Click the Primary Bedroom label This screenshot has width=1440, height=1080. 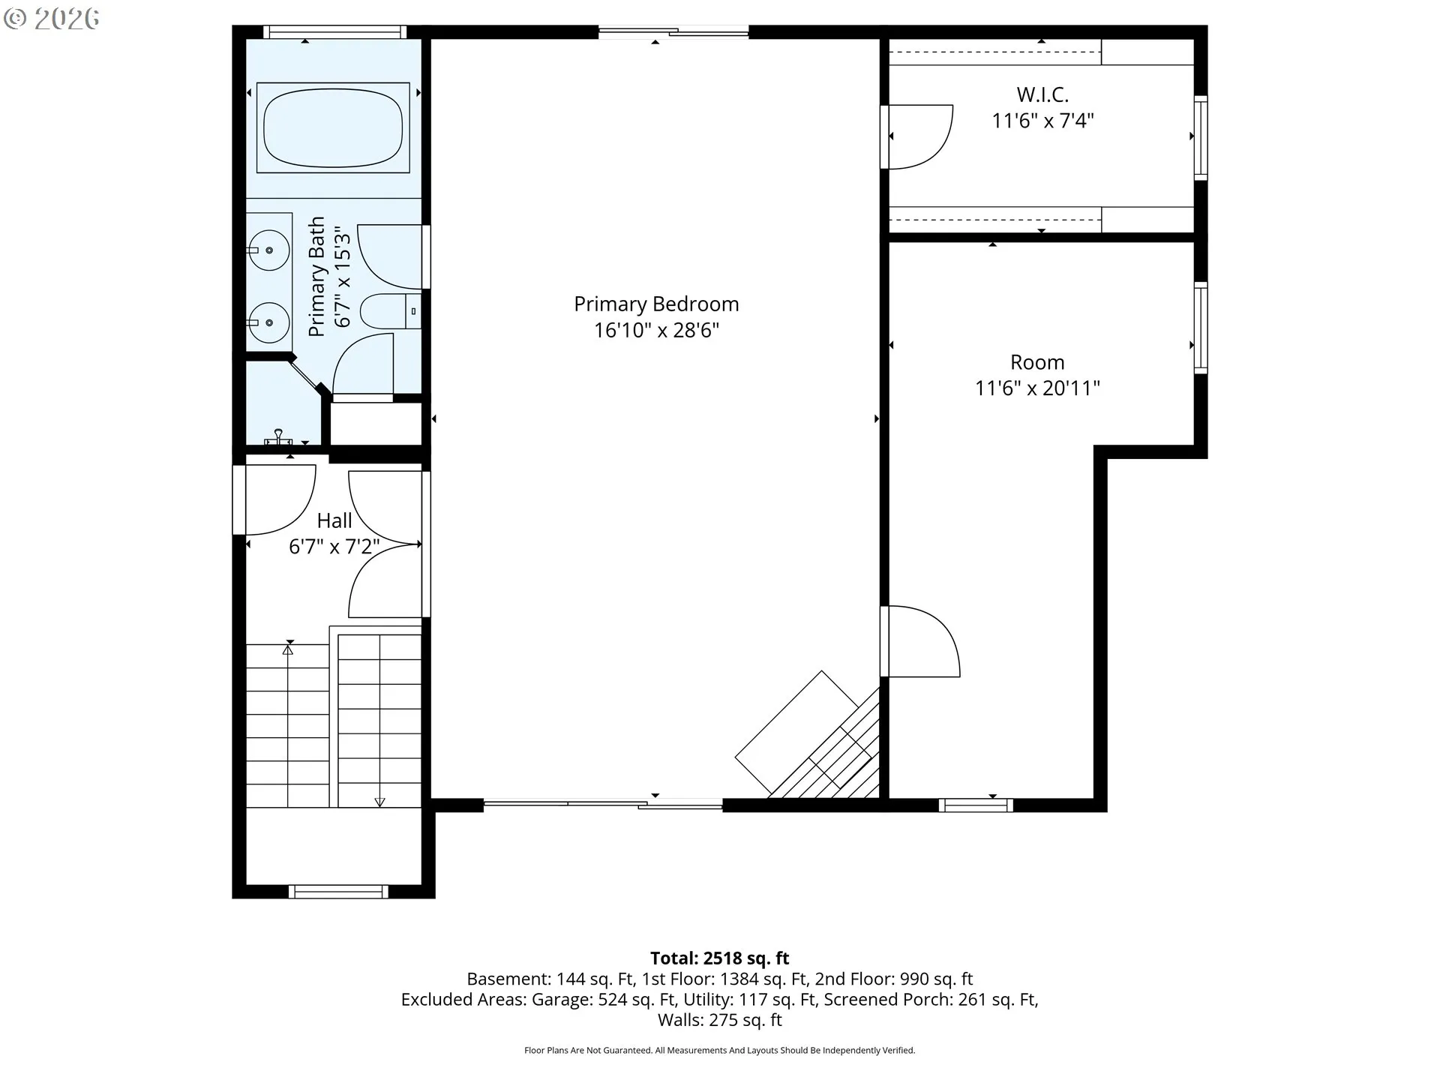pos(656,304)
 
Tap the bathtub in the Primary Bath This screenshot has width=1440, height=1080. pos(333,127)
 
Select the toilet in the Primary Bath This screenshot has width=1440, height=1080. pos(391,311)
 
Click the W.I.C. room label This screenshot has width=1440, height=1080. pos(1042,94)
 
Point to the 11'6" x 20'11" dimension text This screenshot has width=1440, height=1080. pos(1037,388)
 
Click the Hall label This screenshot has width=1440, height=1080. pos(334,520)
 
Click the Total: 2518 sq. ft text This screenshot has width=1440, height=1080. pos(720,958)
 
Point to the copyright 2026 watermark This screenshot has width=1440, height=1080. pos(51,19)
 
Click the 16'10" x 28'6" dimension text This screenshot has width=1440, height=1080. pos(656,330)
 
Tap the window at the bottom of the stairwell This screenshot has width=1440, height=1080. pos(338,892)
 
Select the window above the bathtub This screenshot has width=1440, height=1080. pos(334,31)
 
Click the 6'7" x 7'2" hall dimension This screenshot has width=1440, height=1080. pos(334,546)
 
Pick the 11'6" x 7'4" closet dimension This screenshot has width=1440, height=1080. pos(1042,120)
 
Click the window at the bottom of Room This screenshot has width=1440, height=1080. pos(976,805)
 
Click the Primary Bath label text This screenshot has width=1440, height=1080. pos(316,276)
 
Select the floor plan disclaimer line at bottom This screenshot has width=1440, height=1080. pos(720,1050)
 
